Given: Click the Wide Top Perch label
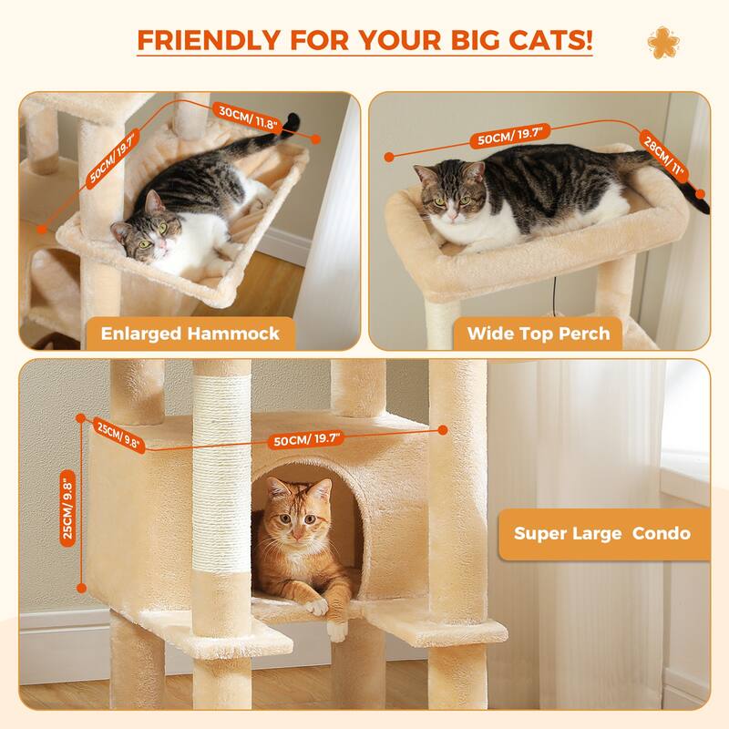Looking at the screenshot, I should coord(538,333).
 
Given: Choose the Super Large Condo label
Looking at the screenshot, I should coord(601,532).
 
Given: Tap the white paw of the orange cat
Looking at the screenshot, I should coord(316,602).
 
